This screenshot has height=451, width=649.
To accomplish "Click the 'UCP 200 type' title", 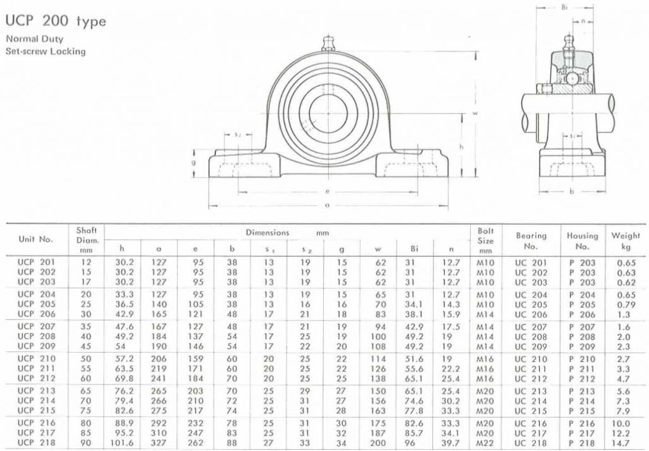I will pos(56,22).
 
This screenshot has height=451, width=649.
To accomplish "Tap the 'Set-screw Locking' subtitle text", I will pos(45,51).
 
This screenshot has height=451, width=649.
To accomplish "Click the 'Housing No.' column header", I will pos(582,240).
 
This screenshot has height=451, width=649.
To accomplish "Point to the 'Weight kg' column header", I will pos(626,240).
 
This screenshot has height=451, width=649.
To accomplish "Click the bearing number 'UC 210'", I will pos(530,360).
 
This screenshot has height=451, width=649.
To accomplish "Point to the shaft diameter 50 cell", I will pos(86,360).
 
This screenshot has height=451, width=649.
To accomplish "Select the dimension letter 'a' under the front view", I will pos(328,205).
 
